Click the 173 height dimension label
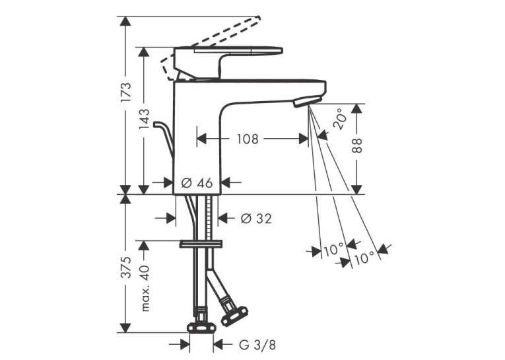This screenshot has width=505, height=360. [125, 92]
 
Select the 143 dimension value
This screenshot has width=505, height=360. [144, 119]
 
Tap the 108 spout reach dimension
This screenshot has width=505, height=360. [248, 139]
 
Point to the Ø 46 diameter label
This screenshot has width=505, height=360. [197, 183]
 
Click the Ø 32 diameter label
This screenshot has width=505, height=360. [256, 219]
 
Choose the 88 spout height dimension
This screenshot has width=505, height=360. [357, 145]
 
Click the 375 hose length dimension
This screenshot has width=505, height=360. [125, 268]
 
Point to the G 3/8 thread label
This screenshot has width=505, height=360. [257, 345]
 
